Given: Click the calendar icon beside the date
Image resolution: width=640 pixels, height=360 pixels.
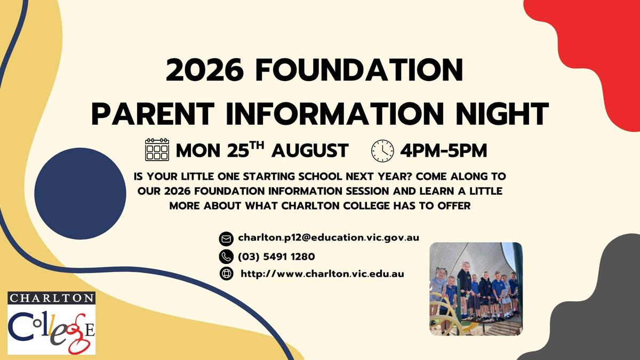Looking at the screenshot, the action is click(x=157, y=149).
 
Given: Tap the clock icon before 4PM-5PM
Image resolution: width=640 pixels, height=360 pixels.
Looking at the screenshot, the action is click(x=382, y=151).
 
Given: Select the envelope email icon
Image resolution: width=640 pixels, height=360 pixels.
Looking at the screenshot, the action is click(x=226, y=239).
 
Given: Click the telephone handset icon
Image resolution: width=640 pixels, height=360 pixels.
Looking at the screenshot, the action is click(x=226, y=257).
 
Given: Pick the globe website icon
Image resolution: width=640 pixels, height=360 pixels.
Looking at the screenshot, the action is click(x=226, y=274).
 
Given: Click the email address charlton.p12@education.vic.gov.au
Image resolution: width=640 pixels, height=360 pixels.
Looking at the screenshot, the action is click(x=329, y=238).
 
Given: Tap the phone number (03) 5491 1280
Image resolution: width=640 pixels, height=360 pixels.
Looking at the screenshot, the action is click(x=276, y=257).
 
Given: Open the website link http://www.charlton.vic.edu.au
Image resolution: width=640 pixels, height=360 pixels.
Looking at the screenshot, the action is click(x=322, y=274).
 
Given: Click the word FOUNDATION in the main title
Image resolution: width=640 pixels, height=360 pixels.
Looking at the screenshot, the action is click(x=359, y=69).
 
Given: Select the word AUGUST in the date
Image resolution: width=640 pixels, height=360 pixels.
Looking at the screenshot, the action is click(x=310, y=150).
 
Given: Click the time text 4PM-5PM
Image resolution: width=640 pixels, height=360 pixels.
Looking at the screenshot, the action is click(x=443, y=150).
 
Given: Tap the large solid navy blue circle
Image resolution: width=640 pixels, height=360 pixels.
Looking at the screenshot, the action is click(x=81, y=194).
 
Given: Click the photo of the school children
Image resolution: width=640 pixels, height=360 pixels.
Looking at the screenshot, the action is click(x=476, y=289).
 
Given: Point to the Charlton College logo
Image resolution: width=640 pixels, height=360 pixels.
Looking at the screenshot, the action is click(x=51, y=323).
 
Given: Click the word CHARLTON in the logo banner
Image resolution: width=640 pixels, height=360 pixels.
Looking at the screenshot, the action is click(x=51, y=298).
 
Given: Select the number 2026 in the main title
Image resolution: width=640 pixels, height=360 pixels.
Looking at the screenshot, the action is click(x=205, y=69).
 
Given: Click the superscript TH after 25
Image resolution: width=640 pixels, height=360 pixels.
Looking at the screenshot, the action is click(x=257, y=145).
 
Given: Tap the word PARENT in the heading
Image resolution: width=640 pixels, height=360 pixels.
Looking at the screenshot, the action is click(x=153, y=114).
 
